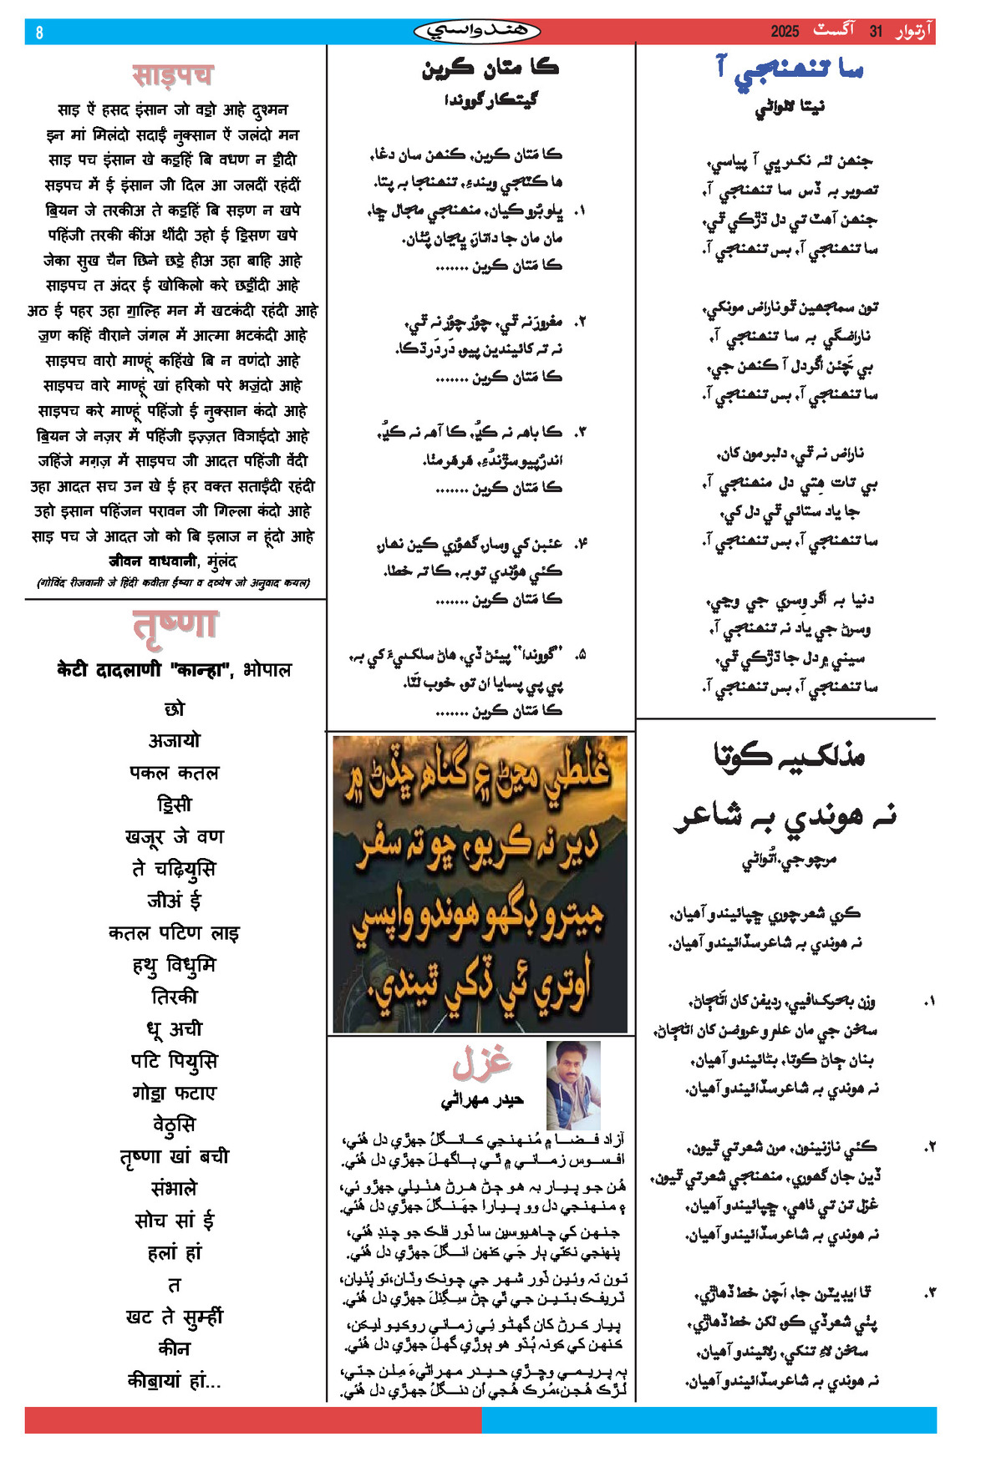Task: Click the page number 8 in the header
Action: click(x=39, y=33)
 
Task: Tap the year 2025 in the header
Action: click(x=785, y=32)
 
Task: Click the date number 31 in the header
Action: click(x=876, y=32)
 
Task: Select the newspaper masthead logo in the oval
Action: click(x=477, y=32)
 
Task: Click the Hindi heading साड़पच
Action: click(x=173, y=75)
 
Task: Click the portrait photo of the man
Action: click(x=572, y=1085)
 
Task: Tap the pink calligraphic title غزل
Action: click(x=482, y=1062)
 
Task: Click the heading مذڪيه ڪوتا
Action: click(x=789, y=754)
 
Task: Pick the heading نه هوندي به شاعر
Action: click(x=785, y=815)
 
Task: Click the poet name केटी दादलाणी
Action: click(x=109, y=670)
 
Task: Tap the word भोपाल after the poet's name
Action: click(x=267, y=670)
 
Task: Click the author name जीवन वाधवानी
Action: click(x=153, y=561)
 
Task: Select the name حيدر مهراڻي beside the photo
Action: click(x=482, y=1100)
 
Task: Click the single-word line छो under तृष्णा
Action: click(x=175, y=709)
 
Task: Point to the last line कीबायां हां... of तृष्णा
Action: click(x=174, y=1381)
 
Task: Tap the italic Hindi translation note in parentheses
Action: click(x=174, y=582)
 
